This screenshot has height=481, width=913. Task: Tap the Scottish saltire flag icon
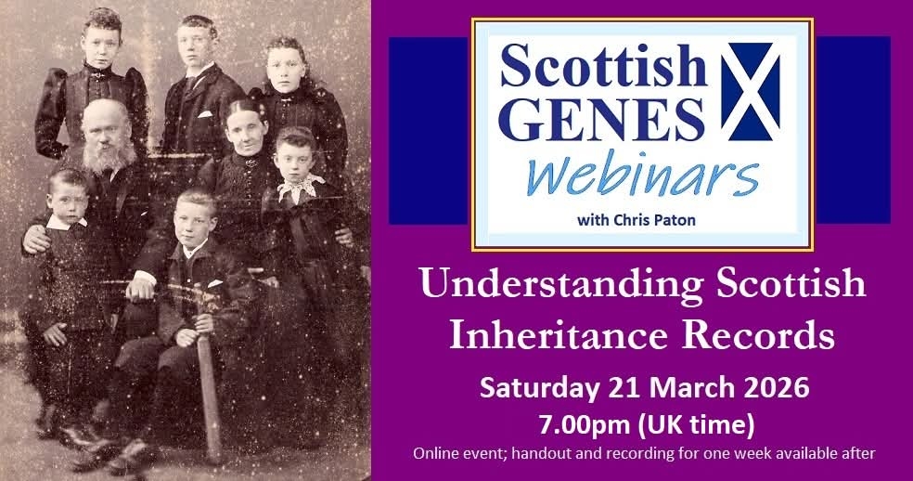pyautogui.click(x=750, y=92)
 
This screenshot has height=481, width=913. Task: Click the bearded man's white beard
pyautogui.click(x=109, y=154)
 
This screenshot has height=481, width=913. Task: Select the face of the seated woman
pyautogui.click(x=246, y=132)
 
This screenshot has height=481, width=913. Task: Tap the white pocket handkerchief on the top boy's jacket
pyautogui.click(x=204, y=114)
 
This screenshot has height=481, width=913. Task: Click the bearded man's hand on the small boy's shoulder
pyautogui.click(x=36, y=239)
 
